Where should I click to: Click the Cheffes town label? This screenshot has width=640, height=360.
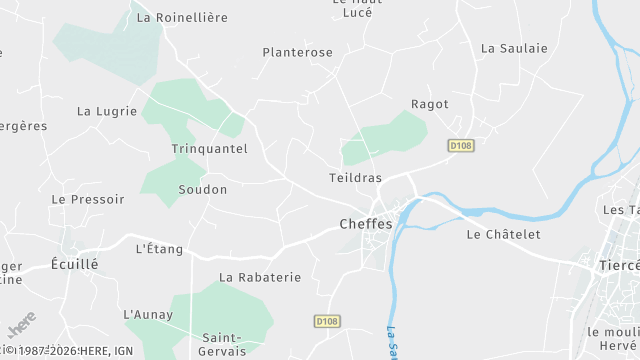pos(366,224)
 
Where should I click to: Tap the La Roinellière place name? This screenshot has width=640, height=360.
pos(182,17)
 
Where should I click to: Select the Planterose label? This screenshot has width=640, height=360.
pos(297,52)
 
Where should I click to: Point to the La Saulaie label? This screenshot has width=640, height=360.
pos(514,47)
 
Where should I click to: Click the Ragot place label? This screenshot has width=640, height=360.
pos(430,104)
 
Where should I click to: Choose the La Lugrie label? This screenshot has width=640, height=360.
pos(107,111)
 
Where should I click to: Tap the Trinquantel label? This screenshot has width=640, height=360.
pos(209,148)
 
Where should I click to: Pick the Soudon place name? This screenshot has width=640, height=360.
pos(202,189)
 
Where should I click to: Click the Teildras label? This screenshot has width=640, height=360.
pos(355,177)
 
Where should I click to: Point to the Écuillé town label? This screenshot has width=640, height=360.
pos(75,265)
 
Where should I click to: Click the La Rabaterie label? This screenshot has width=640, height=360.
pos(260,277)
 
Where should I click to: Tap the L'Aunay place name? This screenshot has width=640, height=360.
pos(148,314)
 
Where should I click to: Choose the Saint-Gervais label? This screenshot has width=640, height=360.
pos(224,344)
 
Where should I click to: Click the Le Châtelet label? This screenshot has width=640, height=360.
pos(503,234)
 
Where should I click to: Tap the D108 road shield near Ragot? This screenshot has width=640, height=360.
pos(460,145)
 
